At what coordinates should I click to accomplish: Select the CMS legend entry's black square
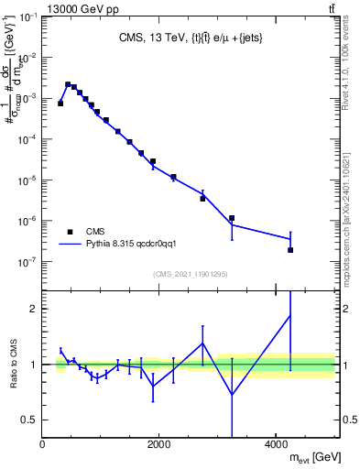71,232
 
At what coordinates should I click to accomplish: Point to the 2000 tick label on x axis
159,445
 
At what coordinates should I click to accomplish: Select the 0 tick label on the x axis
43,445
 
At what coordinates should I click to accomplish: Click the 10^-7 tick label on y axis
28,262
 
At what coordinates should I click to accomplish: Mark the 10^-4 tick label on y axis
28,139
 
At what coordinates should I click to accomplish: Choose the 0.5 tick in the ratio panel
30,420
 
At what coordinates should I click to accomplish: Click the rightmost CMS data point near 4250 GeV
290,250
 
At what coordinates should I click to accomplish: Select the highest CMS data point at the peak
68,84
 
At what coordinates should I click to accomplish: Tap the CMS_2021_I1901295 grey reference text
190,274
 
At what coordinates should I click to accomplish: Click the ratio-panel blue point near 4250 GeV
290,316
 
